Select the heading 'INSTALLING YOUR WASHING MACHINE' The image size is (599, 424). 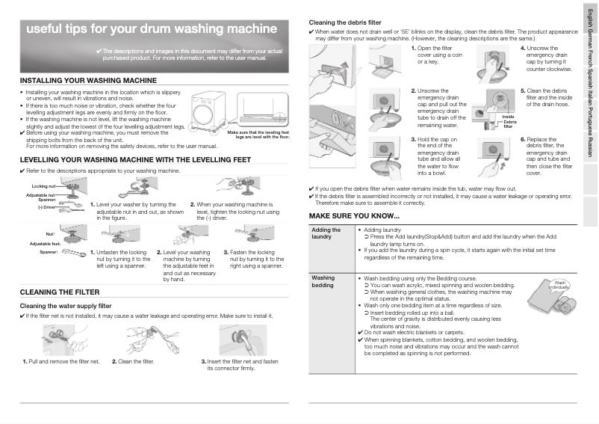click(x=88, y=80)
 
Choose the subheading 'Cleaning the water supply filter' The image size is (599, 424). click(x=66, y=306)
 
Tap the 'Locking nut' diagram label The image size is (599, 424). click(x=44, y=185)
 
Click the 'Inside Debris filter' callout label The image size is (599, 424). click(x=509, y=122)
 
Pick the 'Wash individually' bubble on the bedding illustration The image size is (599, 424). click(x=559, y=285)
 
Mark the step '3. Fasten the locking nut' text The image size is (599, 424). click(x=256, y=259)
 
